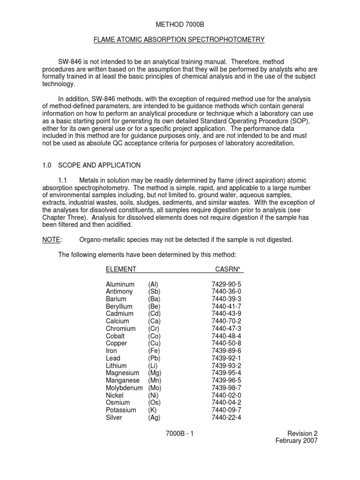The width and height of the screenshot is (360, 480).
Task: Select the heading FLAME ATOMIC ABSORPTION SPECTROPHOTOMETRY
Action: (x=180, y=40)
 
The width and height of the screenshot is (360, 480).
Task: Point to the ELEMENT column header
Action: (x=121, y=269)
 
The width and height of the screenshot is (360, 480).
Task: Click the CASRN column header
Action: (x=228, y=269)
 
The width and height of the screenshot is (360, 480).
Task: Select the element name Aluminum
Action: (x=120, y=285)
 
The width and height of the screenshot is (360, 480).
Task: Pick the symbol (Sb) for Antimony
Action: (x=155, y=292)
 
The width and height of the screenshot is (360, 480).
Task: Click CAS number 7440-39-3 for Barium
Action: (x=226, y=299)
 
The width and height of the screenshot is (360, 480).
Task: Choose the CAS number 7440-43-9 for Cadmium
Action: (x=226, y=314)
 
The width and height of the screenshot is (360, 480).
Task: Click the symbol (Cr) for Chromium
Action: (x=155, y=329)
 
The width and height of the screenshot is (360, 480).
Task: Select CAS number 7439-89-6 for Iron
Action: (x=226, y=351)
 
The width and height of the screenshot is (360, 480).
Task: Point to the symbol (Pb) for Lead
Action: (x=155, y=358)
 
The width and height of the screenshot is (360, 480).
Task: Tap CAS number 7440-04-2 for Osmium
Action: (x=226, y=402)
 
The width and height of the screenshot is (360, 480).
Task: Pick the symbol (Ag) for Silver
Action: (x=155, y=417)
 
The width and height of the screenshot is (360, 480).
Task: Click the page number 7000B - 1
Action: (x=180, y=434)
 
